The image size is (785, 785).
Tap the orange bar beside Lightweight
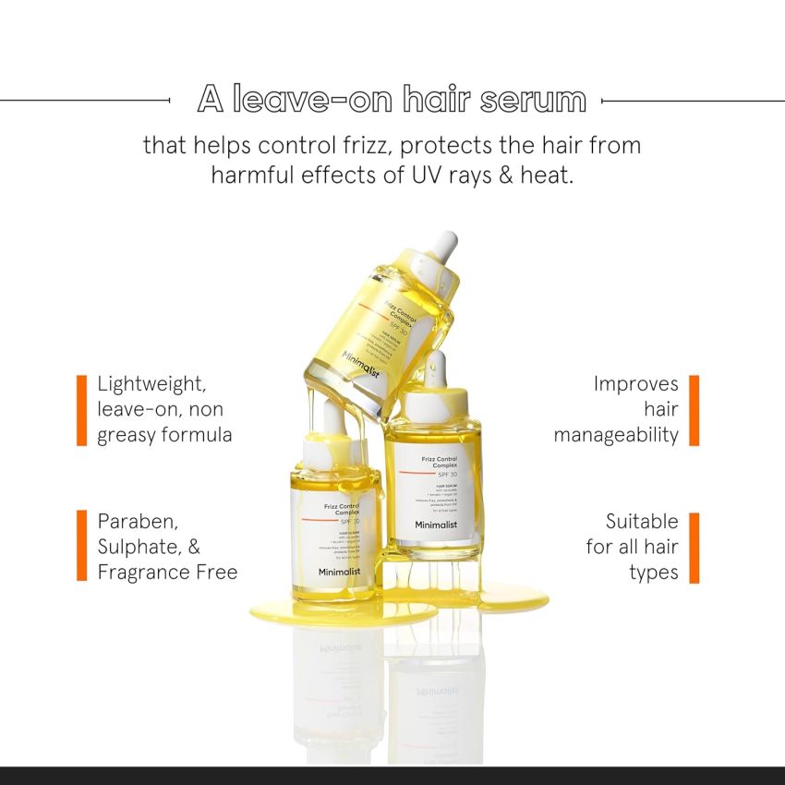(x=81, y=409)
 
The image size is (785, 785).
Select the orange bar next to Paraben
(x=81, y=546)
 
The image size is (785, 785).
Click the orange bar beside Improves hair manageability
(x=694, y=409)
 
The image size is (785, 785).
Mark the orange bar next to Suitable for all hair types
(x=694, y=547)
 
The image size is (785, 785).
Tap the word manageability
(x=616, y=435)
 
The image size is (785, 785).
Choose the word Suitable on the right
(x=642, y=521)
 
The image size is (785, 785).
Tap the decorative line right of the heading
(x=693, y=100)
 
